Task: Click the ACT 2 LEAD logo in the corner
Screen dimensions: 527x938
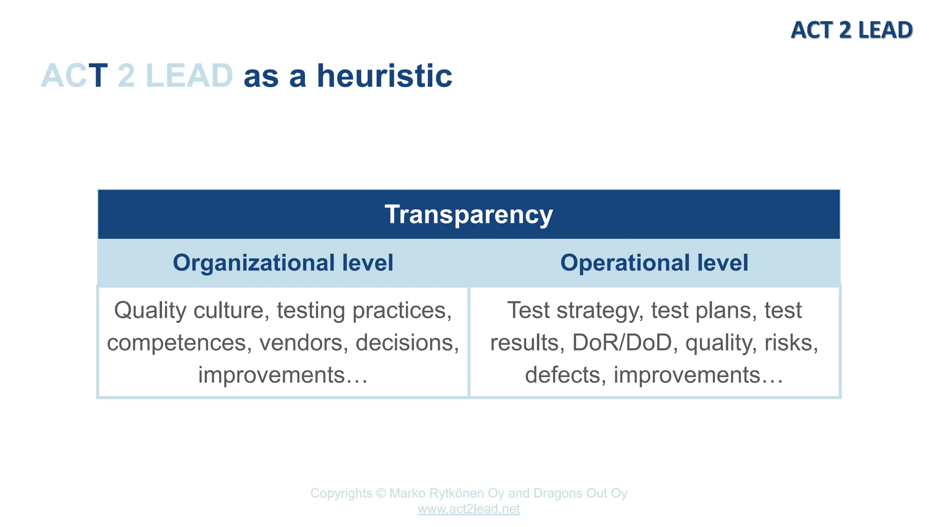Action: tap(851, 30)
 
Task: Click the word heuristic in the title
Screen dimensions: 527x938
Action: tap(384, 76)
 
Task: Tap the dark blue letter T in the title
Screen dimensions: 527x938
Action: tap(98, 76)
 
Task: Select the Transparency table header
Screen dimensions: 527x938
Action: tap(469, 214)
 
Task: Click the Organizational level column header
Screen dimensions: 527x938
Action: tap(283, 263)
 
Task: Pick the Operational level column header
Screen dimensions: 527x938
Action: tap(654, 263)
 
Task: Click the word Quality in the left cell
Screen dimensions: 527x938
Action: tap(150, 311)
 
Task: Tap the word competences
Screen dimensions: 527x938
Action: tap(179, 343)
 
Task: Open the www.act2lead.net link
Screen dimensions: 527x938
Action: tap(469, 509)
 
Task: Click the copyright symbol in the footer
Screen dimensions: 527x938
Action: tap(381, 493)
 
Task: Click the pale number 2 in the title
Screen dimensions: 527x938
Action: tap(126, 76)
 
